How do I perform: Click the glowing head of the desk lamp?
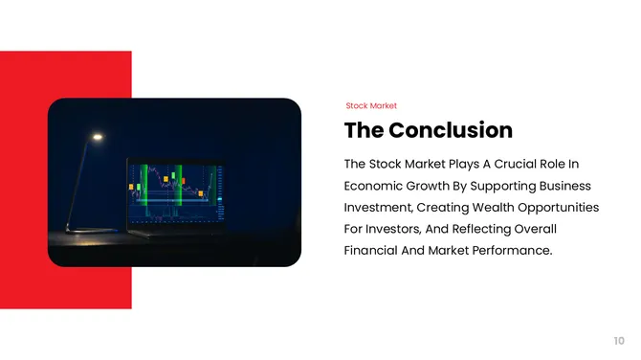[97, 137]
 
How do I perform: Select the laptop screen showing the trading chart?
[173, 191]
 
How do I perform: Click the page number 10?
[619, 340]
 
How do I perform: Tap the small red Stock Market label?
[370, 105]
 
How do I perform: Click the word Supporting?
[507, 186]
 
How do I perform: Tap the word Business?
[567, 186]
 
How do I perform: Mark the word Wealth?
[490, 208]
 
